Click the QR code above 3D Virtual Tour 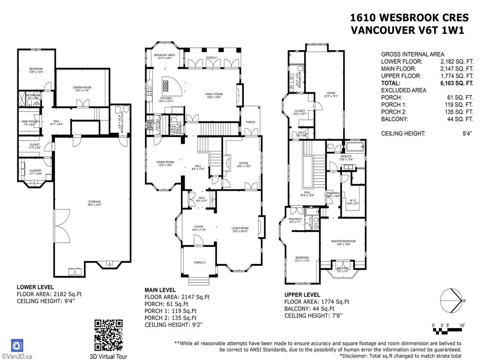pos(108,335)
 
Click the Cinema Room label pos(81,89)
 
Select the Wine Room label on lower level pos(30,123)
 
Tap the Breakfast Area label pos(163,57)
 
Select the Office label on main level pos(244,165)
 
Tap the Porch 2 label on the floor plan pos(198,263)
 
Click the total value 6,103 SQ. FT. pos(450,82)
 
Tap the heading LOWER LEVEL pos(35,287)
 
